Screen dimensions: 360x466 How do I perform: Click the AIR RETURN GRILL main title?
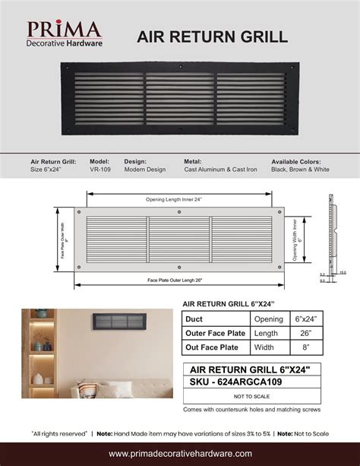(212, 37)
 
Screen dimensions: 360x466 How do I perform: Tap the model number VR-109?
(99, 170)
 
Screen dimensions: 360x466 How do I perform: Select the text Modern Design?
(145, 170)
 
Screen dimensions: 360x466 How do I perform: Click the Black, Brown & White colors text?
(300, 170)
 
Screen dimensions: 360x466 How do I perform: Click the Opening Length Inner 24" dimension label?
(179, 199)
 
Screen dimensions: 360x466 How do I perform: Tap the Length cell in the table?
(264, 333)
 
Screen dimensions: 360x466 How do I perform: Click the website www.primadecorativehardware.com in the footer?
(180, 453)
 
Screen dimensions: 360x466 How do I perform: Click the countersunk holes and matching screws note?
(251, 410)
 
